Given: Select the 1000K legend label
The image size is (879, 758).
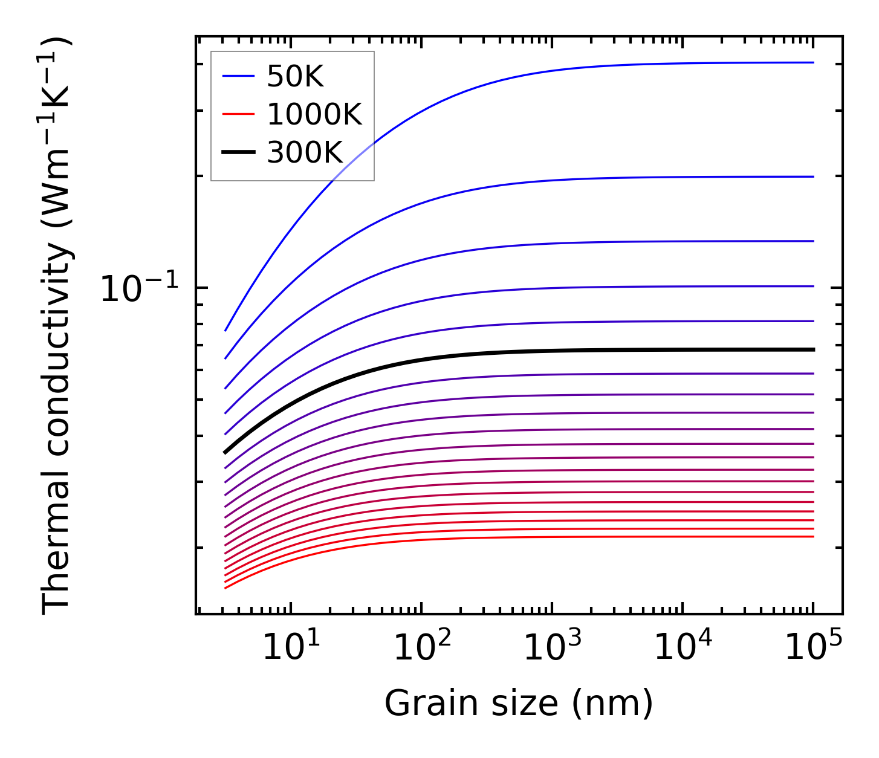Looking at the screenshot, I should click(x=314, y=114).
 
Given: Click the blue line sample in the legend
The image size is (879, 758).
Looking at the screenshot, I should click(x=239, y=76).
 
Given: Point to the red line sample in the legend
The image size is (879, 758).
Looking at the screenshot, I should click(x=239, y=114).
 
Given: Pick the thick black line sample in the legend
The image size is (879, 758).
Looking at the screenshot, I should click(x=239, y=152).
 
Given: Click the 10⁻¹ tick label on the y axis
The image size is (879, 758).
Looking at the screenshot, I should click(x=140, y=288).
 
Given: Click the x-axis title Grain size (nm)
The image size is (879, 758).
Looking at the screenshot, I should click(x=519, y=704).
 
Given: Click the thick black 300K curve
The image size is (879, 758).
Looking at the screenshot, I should click(x=544, y=351).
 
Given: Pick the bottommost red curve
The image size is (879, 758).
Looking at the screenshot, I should click(x=544, y=537).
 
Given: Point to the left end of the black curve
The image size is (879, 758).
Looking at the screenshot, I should click(x=225, y=452).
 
